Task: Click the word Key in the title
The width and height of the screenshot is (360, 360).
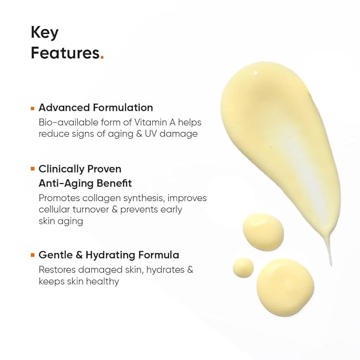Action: pyautogui.click(x=45, y=33)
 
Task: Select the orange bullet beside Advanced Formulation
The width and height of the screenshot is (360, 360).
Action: pyautogui.click(x=32, y=108)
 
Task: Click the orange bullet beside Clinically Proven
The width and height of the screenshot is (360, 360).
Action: pyautogui.click(x=32, y=169)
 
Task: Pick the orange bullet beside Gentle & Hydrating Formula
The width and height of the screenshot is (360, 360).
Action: pyautogui.click(x=32, y=255)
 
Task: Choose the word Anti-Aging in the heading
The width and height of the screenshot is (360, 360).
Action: pyautogui.click(x=64, y=183)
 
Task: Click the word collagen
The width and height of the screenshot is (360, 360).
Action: pyautogui.click(x=106, y=198)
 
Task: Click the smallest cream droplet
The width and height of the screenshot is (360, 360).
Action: pyautogui.click(x=243, y=266)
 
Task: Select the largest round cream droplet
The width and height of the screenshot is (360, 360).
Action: pyautogui.click(x=285, y=287)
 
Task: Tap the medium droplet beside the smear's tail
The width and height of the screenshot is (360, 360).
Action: pyautogui.click(x=263, y=231)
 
